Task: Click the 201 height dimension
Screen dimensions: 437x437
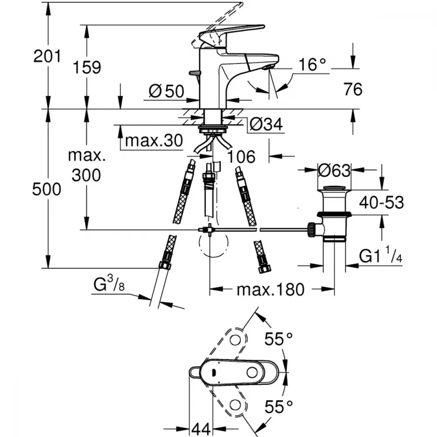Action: pyautogui.click(x=47, y=56)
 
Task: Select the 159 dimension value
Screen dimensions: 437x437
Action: pyautogui.click(x=87, y=67)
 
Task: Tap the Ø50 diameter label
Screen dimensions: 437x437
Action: pyautogui.click(x=166, y=91)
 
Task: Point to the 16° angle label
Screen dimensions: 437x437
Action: pyautogui.click(x=312, y=65)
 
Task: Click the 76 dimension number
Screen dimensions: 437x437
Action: pyautogui.click(x=353, y=90)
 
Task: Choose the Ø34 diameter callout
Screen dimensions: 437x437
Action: pyautogui.click(x=266, y=124)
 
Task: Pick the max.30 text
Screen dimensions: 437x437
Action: pyautogui.click(x=154, y=140)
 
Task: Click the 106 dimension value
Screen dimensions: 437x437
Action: pyautogui.click(x=241, y=156)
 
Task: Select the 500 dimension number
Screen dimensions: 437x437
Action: pyautogui.click(x=47, y=189)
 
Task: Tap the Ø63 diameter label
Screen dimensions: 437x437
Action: pyautogui.click(x=334, y=170)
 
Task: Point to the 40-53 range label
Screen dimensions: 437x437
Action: pyautogui.click(x=381, y=203)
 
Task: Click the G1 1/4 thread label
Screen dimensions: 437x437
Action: pyautogui.click(x=381, y=255)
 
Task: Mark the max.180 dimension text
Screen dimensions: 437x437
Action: pyautogui.click(x=271, y=290)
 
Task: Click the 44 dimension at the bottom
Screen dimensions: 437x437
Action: pyautogui.click(x=201, y=430)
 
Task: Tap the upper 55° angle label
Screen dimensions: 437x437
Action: pyautogui.click(x=278, y=340)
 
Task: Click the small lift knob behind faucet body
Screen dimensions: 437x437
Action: pyautogui.click(x=194, y=73)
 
